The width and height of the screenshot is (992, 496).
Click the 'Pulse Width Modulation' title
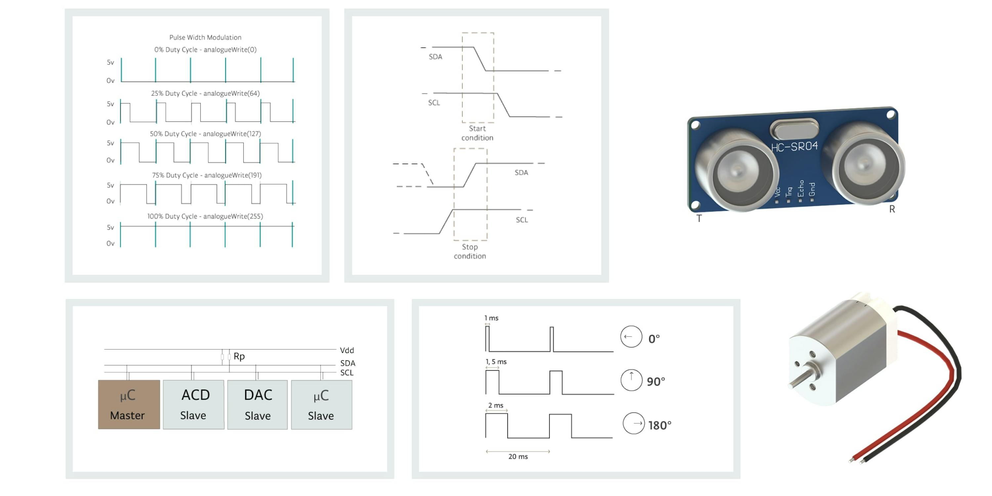point(205,37)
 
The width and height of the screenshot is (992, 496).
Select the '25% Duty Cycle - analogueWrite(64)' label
point(205,93)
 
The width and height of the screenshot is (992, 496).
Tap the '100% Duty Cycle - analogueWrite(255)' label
point(205,216)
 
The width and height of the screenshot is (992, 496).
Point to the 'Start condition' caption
point(477,133)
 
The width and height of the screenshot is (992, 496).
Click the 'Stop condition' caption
point(470,251)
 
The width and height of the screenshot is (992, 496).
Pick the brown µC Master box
point(129,404)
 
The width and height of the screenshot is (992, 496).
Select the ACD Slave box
point(194,404)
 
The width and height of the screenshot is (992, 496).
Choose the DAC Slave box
point(258,404)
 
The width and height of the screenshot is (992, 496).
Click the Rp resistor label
point(239,356)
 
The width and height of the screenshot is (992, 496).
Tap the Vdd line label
point(347,350)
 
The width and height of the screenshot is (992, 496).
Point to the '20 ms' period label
point(518,456)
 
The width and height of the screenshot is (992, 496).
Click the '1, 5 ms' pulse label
point(496,362)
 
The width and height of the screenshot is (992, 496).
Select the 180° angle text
point(660,425)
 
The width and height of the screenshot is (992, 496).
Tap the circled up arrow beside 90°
point(631,380)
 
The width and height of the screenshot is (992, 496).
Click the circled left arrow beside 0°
point(631,337)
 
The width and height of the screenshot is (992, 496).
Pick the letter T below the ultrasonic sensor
point(699,218)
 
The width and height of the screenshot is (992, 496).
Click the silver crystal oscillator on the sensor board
point(794,129)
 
